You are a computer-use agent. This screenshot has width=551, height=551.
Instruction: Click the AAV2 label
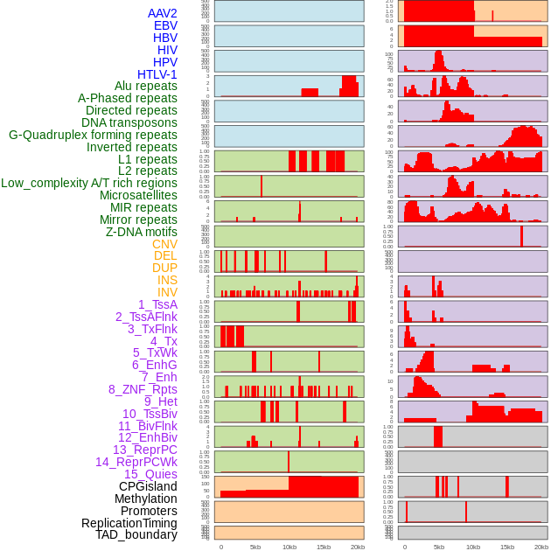(x=162, y=13)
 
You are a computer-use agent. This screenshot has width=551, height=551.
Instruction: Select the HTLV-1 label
(x=157, y=74)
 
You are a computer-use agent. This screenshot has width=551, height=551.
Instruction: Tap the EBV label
(x=165, y=25)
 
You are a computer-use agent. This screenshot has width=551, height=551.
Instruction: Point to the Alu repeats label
(x=145, y=86)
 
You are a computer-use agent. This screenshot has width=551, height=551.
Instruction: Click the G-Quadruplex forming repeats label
(x=93, y=135)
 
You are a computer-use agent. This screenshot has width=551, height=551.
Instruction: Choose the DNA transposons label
(x=129, y=122)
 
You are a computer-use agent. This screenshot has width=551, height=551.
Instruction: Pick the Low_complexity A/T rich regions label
(x=88, y=183)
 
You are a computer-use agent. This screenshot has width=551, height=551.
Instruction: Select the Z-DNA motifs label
(x=141, y=232)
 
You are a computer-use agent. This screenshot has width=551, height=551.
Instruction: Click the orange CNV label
(x=164, y=244)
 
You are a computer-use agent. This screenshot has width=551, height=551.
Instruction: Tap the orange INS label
(x=167, y=280)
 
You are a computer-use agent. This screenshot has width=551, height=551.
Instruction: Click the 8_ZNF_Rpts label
(x=143, y=389)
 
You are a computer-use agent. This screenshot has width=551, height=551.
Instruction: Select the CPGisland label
(x=148, y=486)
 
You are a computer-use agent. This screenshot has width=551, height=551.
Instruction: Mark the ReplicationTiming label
(x=129, y=523)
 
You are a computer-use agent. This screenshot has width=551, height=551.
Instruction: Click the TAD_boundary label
(x=136, y=534)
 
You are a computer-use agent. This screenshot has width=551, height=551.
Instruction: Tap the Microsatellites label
(x=138, y=195)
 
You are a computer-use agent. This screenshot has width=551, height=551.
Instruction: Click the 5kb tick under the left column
(x=255, y=547)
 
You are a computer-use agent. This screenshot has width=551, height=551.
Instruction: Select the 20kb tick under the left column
(x=358, y=547)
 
